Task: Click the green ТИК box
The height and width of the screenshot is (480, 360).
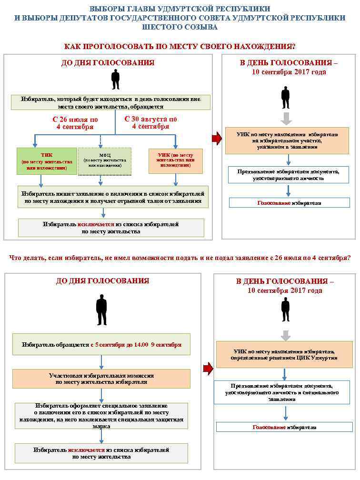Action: [x=47, y=161]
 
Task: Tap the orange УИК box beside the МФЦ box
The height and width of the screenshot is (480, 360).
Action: [x=175, y=160]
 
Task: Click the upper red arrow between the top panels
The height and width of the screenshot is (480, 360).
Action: [x=217, y=139]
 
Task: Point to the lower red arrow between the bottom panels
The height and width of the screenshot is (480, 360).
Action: [x=208, y=368]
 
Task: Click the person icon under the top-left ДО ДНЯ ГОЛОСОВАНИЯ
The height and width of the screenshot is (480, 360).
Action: [x=115, y=80]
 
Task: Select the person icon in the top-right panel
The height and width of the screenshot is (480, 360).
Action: [x=285, y=98]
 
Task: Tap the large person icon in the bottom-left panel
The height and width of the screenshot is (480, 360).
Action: [x=101, y=310]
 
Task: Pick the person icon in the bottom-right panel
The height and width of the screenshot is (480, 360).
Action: [x=285, y=310]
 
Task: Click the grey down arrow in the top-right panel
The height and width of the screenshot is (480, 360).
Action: [x=286, y=118]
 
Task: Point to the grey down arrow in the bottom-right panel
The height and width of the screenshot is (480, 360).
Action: [x=285, y=335]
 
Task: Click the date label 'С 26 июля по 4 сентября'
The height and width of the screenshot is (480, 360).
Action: [x=75, y=123]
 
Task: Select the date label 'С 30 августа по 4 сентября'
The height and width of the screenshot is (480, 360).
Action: [x=150, y=123]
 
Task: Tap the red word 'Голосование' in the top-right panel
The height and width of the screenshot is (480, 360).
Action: [x=274, y=203]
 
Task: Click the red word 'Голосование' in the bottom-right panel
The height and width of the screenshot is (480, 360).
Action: [x=269, y=427]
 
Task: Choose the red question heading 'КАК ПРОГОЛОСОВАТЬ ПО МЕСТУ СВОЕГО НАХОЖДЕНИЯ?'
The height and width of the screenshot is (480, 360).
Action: [x=180, y=46]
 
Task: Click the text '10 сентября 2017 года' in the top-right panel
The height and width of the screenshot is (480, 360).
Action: [x=289, y=72]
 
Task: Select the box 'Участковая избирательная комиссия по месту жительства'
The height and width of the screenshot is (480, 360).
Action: [x=101, y=379]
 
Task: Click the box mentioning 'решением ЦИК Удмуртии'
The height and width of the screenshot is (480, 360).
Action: [x=284, y=354]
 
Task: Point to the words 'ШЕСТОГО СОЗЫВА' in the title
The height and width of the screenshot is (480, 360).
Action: [x=180, y=27]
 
